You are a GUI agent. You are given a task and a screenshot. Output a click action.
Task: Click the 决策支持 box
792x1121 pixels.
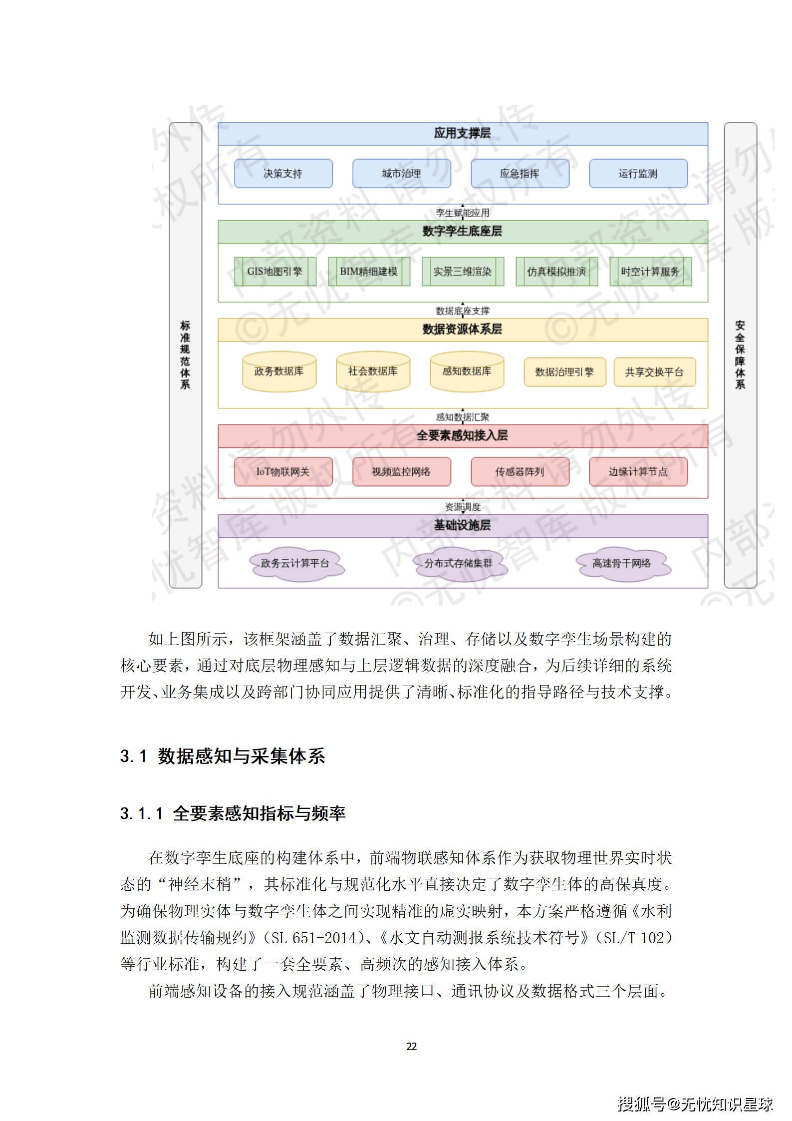tap(283, 173)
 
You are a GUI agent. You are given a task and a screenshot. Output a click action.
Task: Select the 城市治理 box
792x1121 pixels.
tap(401, 173)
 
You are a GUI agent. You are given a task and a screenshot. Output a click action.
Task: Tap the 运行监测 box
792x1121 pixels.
tap(638, 173)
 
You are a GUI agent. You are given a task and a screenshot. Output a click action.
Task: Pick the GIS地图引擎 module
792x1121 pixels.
tap(275, 272)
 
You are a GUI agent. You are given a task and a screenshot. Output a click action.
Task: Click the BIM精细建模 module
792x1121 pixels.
tap(369, 272)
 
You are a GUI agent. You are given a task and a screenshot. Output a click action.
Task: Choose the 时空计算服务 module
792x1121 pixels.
tap(650, 272)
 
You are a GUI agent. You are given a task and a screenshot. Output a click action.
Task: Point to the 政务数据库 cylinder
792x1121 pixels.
tap(279, 372)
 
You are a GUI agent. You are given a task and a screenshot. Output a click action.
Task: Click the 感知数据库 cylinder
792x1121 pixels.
tap(467, 372)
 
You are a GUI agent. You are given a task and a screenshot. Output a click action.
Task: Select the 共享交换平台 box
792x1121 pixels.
tap(654, 372)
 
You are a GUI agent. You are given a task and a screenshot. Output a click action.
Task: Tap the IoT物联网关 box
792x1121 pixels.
tap(283, 472)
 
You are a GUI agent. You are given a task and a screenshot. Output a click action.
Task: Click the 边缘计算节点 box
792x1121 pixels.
tap(638, 472)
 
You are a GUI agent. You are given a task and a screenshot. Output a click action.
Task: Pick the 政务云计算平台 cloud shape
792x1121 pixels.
tap(295, 564)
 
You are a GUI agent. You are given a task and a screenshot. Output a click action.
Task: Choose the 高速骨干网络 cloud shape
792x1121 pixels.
tap(622, 564)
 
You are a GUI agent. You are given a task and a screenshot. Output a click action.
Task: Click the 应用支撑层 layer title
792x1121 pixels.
tap(462, 133)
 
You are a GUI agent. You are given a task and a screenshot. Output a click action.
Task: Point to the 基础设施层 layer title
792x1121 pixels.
tap(462, 525)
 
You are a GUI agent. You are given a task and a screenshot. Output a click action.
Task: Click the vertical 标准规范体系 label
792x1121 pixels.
tap(185, 355)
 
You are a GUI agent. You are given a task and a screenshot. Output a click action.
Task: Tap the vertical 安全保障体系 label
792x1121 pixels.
tap(740, 355)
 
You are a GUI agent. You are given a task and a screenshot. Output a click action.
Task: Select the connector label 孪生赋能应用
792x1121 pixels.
tap(463, 213)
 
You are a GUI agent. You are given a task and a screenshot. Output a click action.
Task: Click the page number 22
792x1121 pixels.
tap(412, 1047)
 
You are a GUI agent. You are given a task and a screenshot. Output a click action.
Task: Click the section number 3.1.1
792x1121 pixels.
tap(142, 814)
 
